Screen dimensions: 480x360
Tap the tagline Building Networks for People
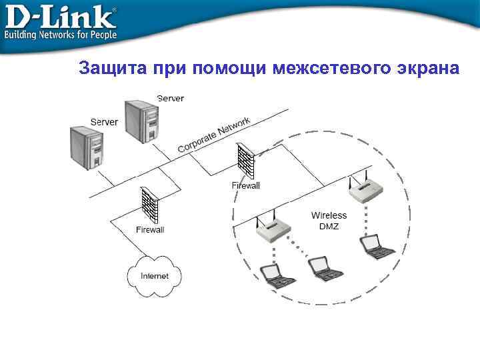(61, 34)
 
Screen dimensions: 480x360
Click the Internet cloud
(154, 275)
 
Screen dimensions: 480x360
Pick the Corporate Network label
(214, 135)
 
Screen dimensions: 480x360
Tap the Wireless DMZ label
(329, 221)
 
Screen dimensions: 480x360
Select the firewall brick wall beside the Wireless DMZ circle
(245, 161)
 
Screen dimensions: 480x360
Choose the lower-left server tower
(87, 147)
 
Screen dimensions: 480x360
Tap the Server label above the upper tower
(171, 99)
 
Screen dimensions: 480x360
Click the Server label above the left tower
(104, 122)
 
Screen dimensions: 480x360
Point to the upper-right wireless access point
(366, 190)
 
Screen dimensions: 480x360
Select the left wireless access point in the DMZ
(273, 229)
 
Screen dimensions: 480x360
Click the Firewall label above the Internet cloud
(150, 230)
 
